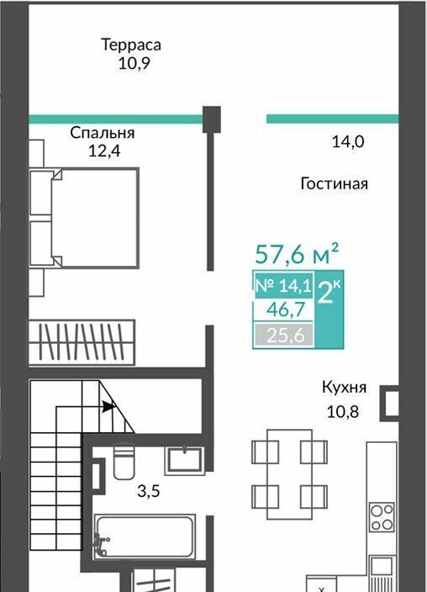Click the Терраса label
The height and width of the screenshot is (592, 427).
131,45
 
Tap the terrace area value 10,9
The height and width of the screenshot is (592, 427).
134,63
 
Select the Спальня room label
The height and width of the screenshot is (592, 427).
103,133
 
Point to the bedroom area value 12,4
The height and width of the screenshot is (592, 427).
104,151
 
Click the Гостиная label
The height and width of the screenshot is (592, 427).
335,184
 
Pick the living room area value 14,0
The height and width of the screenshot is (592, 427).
348,142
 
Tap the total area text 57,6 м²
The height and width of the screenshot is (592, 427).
297,254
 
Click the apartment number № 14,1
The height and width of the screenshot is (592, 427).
283,285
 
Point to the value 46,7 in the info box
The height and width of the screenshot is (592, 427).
286,310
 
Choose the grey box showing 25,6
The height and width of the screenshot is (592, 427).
284,335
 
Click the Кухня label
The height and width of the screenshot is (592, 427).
344,388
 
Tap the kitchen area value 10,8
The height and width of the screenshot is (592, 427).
342,412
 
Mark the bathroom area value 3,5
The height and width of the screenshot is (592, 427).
149,492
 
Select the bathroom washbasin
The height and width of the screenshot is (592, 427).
185,461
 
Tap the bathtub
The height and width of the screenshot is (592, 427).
145,536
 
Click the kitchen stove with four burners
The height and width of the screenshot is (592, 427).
382,517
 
